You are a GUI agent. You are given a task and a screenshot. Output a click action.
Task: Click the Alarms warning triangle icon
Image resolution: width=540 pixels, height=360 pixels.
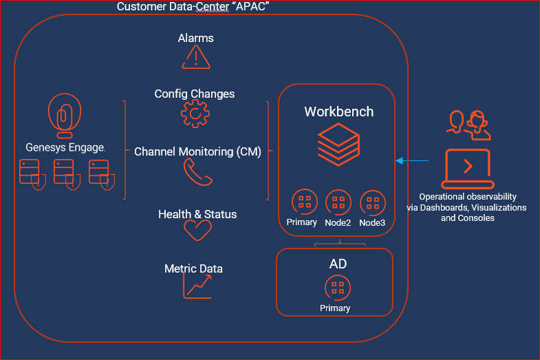pos(196,57)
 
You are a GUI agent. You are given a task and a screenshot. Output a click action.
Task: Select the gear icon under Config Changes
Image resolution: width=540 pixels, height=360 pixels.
pos(195,114)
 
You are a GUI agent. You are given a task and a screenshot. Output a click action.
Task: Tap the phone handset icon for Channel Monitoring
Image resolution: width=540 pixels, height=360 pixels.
pos(197,173)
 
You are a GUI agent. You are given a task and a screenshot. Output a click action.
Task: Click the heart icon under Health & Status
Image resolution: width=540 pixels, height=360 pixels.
pos(197,230)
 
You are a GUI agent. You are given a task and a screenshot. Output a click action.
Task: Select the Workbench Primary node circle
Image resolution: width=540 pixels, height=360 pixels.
pos(304,202)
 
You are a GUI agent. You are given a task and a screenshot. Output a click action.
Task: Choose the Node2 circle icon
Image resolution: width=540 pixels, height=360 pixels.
pos(338,202)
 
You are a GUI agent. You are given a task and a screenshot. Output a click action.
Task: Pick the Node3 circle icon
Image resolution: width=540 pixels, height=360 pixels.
pos(372,202)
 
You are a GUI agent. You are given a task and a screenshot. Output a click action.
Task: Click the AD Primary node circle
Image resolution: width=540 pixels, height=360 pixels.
pos(336,288)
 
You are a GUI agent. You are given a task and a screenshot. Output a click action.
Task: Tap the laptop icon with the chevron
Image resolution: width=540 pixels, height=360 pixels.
pos(468,168)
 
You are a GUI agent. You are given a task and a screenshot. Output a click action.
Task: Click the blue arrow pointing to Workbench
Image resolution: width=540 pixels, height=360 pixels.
pos(412,161)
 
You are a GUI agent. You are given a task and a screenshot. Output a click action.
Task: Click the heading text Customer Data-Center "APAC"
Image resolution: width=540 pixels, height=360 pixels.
pos(193,7)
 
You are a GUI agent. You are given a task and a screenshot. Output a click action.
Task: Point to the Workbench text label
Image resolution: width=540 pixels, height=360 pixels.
pos(339,112)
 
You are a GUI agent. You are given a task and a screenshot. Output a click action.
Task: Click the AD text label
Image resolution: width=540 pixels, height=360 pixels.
pos(336,264)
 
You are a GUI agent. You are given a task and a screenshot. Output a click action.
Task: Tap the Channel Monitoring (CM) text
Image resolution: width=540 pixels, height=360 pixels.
pos(197,151)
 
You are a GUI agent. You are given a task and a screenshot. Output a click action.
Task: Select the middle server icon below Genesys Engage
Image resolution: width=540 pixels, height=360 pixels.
pos(65,173)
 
